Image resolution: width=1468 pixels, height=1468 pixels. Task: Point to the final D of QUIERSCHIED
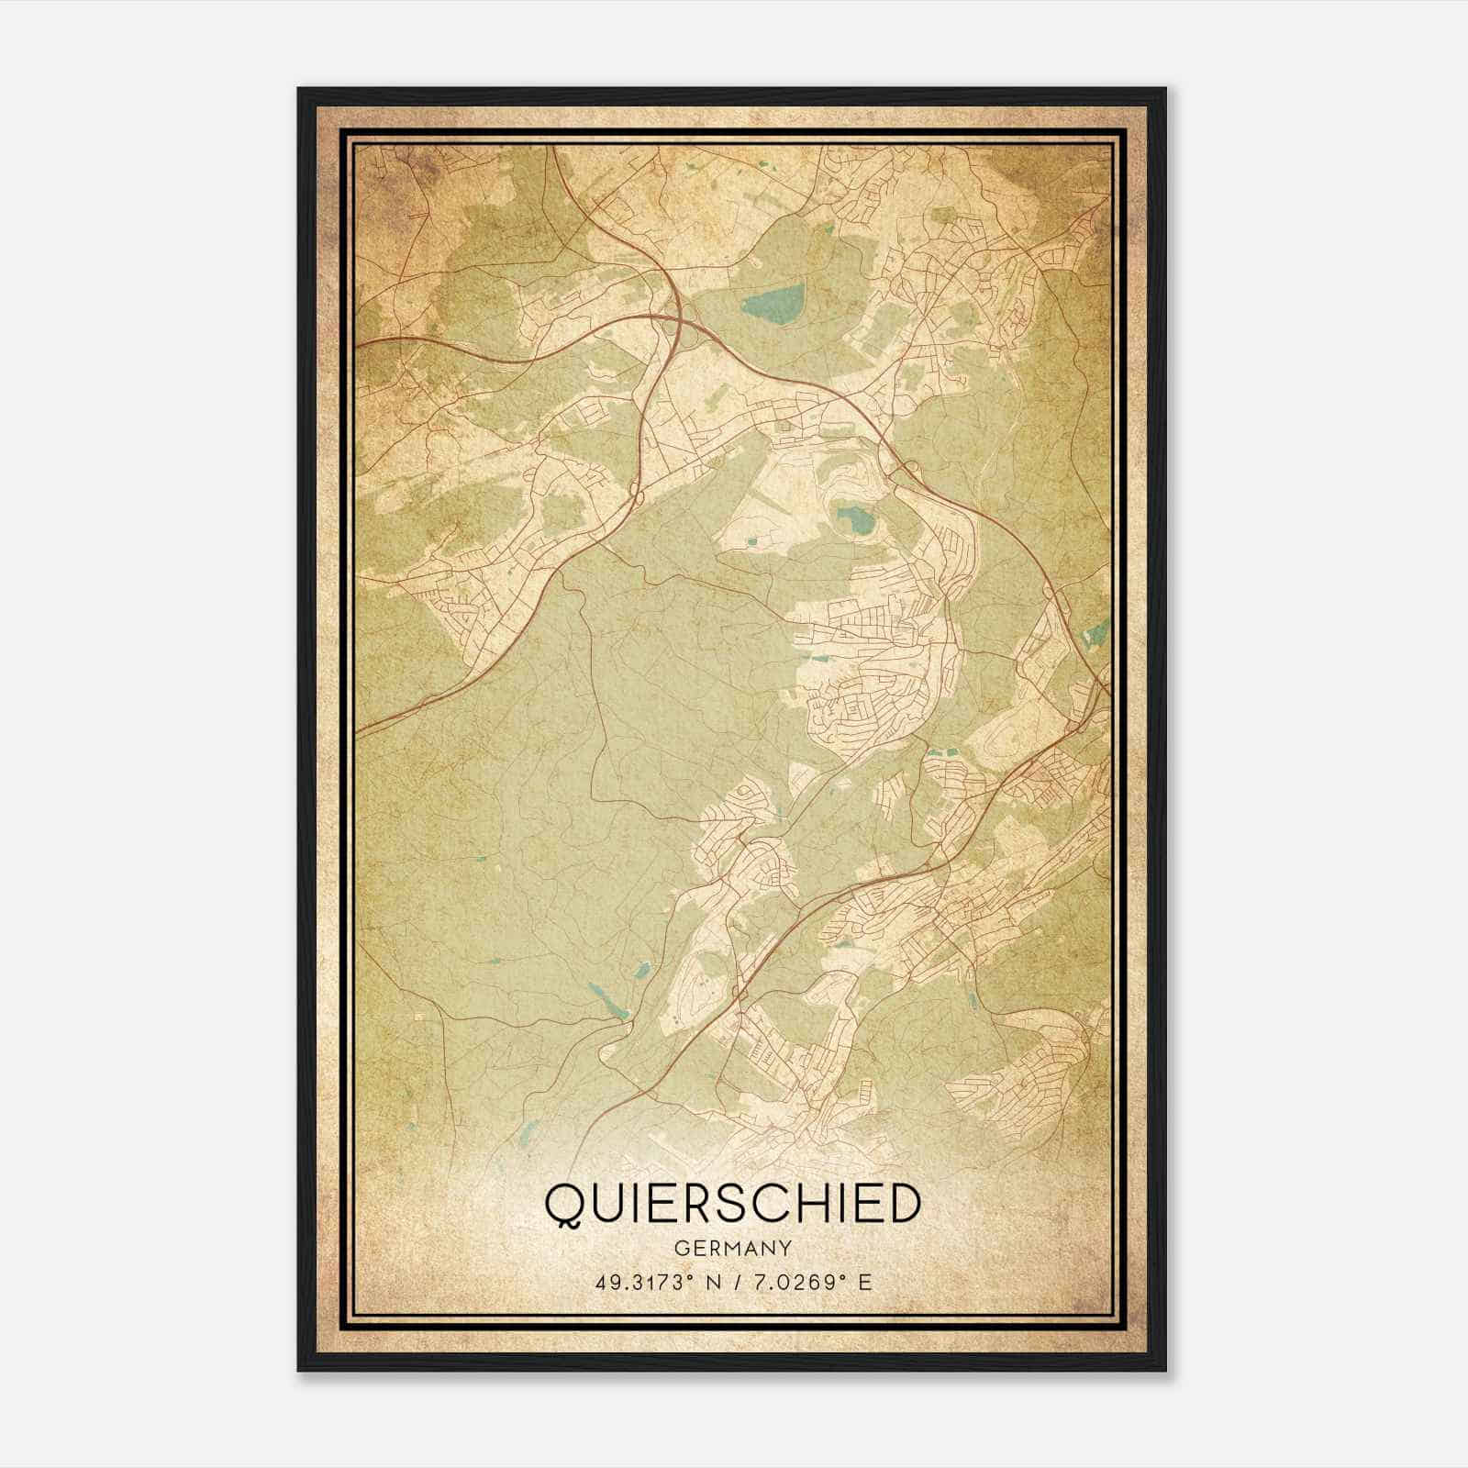pos(902,1204)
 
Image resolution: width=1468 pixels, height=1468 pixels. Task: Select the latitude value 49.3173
pos(636,1282)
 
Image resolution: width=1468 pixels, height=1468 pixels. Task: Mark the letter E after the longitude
pos(863,1282)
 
